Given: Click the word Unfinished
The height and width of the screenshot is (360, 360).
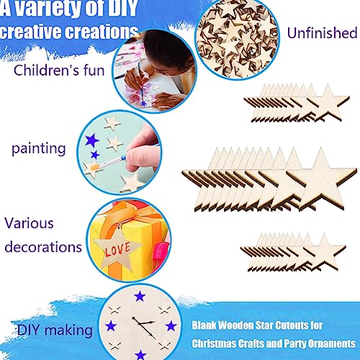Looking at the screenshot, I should click(322, 33).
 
